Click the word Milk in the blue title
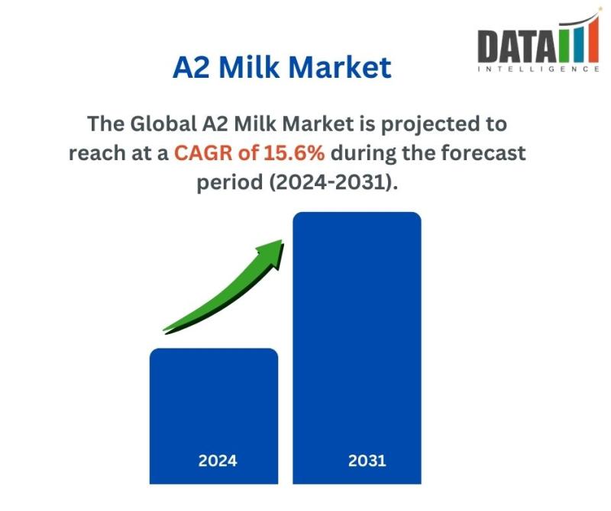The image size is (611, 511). pyautogui.click(x=250, y=67)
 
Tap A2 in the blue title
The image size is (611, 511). pyautogui.click(x=191, y=67)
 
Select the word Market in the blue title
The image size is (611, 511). pyautogui.click(x=340, y=67)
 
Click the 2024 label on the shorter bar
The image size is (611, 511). pyautogui.click(x=218, y=461)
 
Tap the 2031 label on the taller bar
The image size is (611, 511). pyautogui.click(x=367, y=461)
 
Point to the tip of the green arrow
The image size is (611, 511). pyautogui.click(x=282, y=240)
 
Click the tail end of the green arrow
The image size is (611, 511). pyautogui.click(x=163, y=331)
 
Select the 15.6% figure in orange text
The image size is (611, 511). pyautogui.click(x=294, y=153)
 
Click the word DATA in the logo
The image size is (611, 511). pyautogui.click(x=517, y=46)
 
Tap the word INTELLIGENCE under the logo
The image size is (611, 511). pyautogui.click(x=538, y=69)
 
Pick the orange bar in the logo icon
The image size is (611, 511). pyautogui.click(x=593, y=39)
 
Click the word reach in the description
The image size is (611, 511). pyautogui.click(x=97, y=153)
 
